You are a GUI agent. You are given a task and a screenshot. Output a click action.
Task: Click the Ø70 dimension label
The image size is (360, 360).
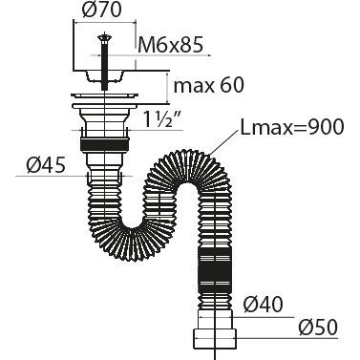click(x=101, y=10)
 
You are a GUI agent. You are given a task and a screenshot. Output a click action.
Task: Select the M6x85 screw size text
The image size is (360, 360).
click(x=171, y=45)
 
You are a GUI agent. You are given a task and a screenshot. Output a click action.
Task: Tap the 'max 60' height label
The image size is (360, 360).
click(x=209, y=85)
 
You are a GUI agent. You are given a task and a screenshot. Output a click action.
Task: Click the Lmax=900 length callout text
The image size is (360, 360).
click(x=292, y=127)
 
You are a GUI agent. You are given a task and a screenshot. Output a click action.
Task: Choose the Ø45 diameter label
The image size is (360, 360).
click(x=46, y=165)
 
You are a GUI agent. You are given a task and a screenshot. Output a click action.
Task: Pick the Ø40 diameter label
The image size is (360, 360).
click(x=263, y=305)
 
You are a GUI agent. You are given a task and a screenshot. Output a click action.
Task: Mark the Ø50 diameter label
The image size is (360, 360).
click(x=318, y=327)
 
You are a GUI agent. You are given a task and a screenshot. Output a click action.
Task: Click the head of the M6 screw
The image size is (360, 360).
click(x=105, y=38)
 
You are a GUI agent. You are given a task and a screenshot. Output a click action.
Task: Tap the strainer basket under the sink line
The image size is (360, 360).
click(x=104, y=76)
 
